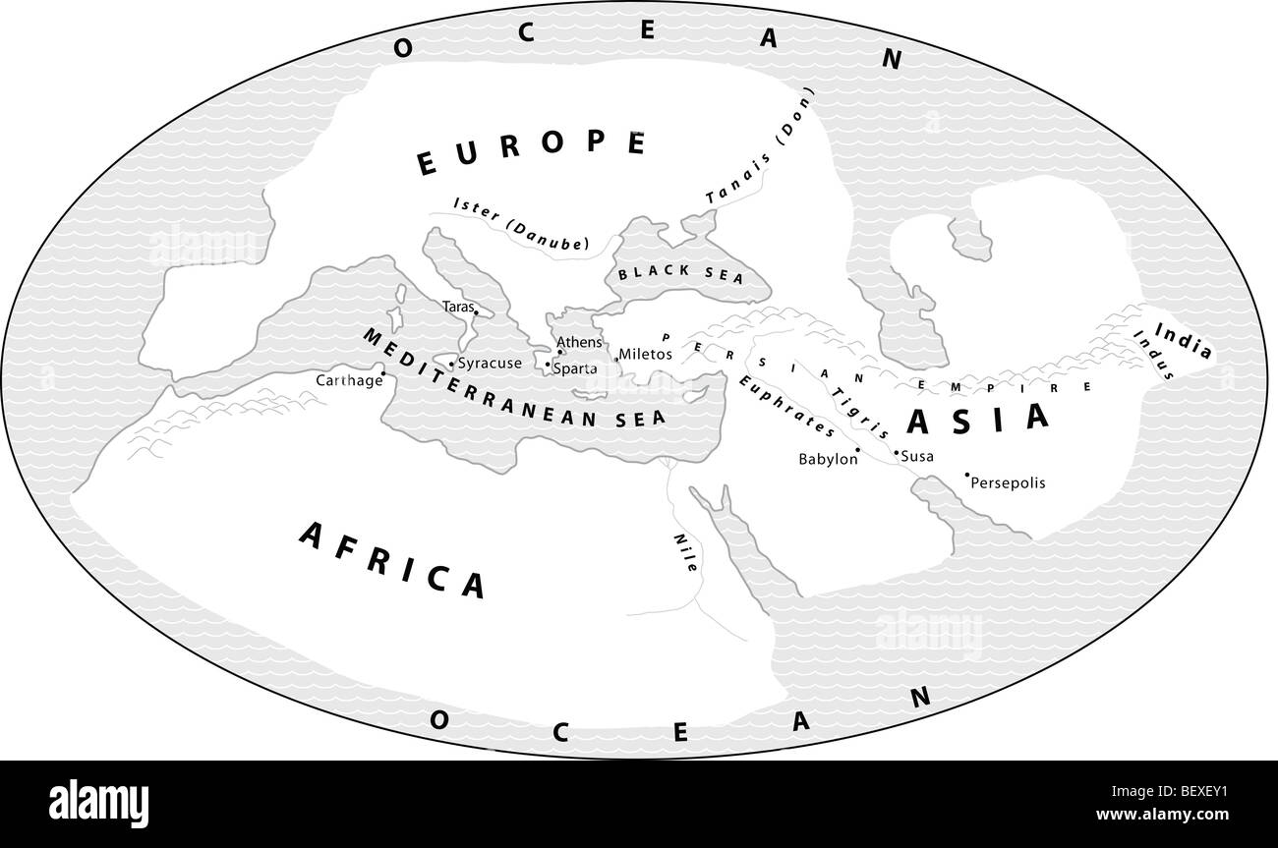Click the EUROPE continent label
click(x=531, y=153)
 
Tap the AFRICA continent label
click(x=393, y=558)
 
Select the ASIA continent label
click(x=978, y=420)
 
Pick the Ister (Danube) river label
click(x=521, y=222)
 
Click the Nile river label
click(x=685, y=553)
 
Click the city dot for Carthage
click(x=382, y=373)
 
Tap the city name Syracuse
click(x=489, y=364)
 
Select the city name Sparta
click(x=574, y=369)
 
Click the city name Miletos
click(x=645, y=354)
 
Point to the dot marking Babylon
click(x=857, y=450)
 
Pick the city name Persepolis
click(x=1008, y=483)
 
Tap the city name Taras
click(x=457, y=307)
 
